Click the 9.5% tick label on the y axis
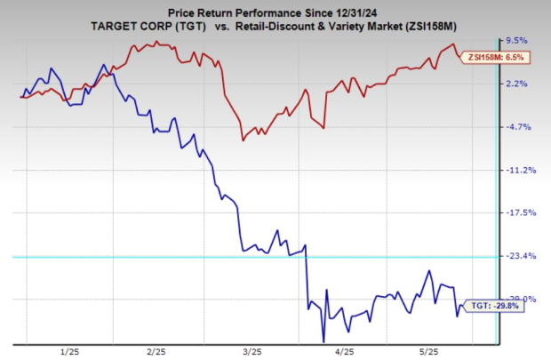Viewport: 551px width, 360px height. click(x=517, y=41)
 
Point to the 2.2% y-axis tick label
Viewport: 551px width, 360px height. click(x=517, y=84)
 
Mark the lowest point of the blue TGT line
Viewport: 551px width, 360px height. click(x=323, y=340)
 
